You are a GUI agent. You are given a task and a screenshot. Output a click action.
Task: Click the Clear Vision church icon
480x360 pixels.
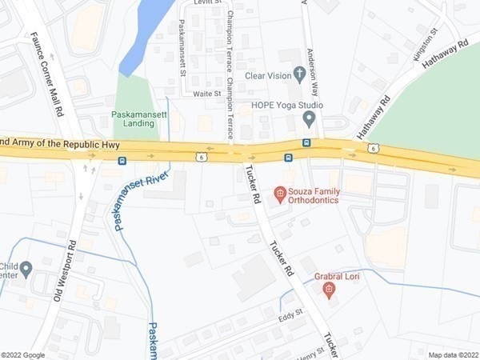click(x=300, y=74)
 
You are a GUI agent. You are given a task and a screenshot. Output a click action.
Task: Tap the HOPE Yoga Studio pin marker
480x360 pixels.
click(x=310, y=119)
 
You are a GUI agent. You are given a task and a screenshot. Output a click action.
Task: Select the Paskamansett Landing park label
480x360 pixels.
click(x=133, y=118)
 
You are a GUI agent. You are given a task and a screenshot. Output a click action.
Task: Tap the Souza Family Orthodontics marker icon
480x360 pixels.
click(x=280, y=193)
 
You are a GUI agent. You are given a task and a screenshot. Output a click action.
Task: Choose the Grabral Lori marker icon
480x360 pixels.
click(x=328, y=290)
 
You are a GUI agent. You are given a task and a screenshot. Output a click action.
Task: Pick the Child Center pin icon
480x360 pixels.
click(x=26, y=269)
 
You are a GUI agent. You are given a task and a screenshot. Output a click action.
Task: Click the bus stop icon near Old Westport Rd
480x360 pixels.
click(x=122, y=161)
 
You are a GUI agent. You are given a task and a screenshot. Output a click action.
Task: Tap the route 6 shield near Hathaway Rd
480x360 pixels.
click(x=374, y=148)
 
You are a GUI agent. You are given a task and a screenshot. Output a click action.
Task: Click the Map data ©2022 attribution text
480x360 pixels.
click(x=452, y=355)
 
